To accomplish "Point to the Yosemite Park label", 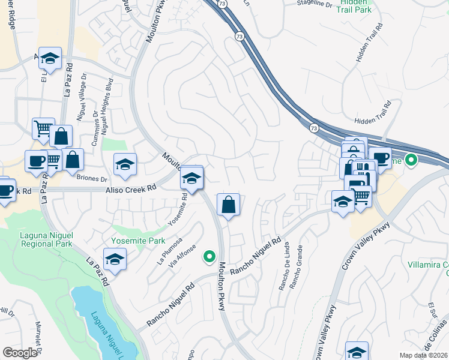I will point(129,241).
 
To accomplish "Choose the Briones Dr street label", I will point(91,178).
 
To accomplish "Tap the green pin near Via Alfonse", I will point(209,257).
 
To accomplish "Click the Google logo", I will point(20,353).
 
